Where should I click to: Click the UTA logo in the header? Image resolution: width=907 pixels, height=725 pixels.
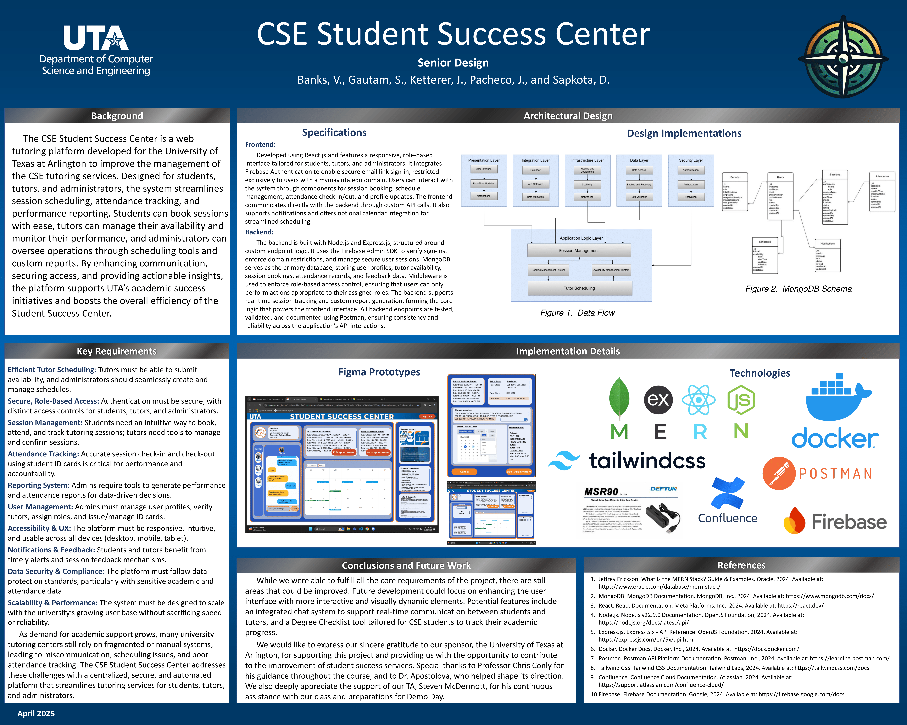[96, 39]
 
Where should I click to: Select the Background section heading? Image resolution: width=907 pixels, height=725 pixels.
[117, 116]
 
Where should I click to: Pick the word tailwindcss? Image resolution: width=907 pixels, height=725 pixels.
[647, 461]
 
